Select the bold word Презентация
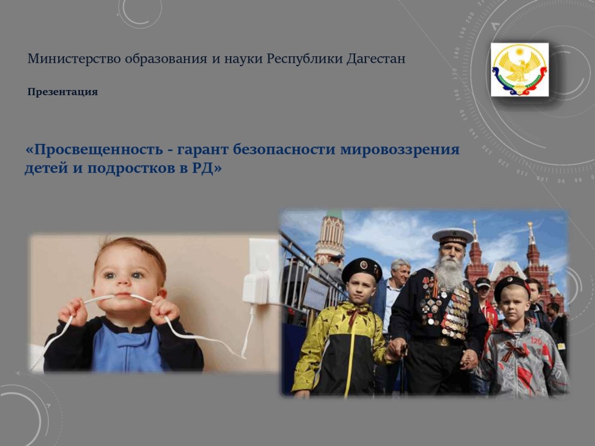[x=63, y=92]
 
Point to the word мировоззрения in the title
[x=400, y=150]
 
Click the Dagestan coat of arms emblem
[x=519, y=70]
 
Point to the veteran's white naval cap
[x=453, y=236]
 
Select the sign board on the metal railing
[x=316, y=293]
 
